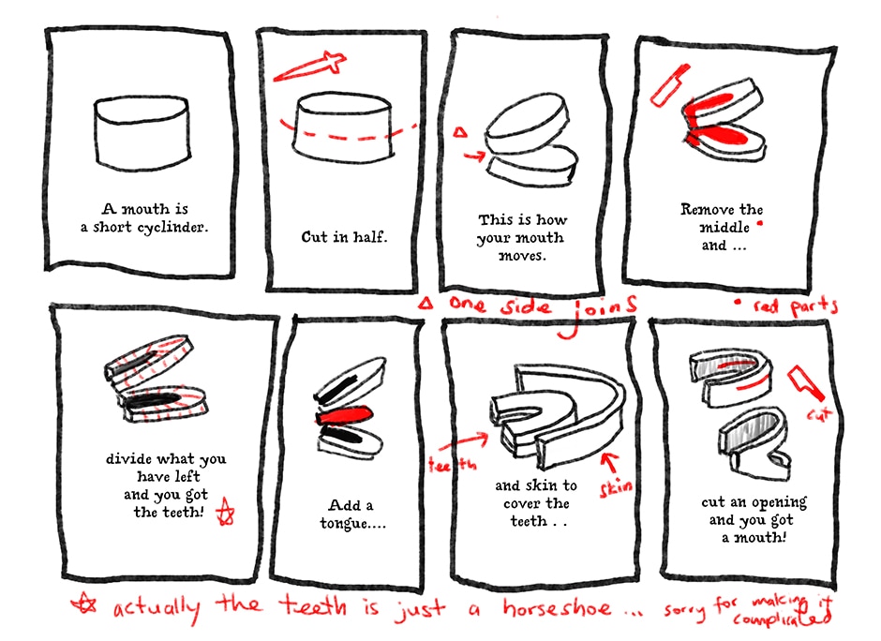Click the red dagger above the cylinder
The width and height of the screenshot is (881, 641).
pyautogui.click(x=310, y=67)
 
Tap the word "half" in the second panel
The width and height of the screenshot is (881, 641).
pyautogui.click(x=369, y=236)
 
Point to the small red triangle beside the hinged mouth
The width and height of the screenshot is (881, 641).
pyautogui.click(x=460, y=132)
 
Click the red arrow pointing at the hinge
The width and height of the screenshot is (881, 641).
pyautogui.click(x=473, y=156)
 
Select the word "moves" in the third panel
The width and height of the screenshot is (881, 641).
pyautogui.click(x=522, y=256)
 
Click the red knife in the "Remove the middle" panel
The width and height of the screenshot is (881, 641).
pyautogui.click(x=669, y=85)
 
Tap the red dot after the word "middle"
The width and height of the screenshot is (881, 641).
pyautogui.click(x=760, y=224)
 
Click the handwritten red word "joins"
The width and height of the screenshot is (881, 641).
pyautogui.click(x=598, y=313)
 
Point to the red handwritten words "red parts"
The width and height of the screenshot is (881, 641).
pyautogui.click(x=795, y=306)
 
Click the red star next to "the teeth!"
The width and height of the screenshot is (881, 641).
pyautogui.click(x=226, y=512)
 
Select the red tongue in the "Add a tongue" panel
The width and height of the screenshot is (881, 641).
pyautogui.click(x=344, y=415)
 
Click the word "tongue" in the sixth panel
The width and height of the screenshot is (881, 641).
pyautogui.click(x=344, y=524)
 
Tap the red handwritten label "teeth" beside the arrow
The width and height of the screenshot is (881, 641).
pyautogui.click(x=452, y=464)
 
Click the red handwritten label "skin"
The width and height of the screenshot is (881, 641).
pyautogui.click(x=616, y=486)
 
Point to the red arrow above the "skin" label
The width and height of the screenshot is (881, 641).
pyautogui.click(x=609, y=462)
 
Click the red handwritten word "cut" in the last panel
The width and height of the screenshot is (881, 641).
pyautogui.click(x=818, y=415)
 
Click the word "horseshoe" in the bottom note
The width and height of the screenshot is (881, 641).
pyautogui.click(x=556, y=607)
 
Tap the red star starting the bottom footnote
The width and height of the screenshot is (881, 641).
pyautogui.click(x=84, y=604)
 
